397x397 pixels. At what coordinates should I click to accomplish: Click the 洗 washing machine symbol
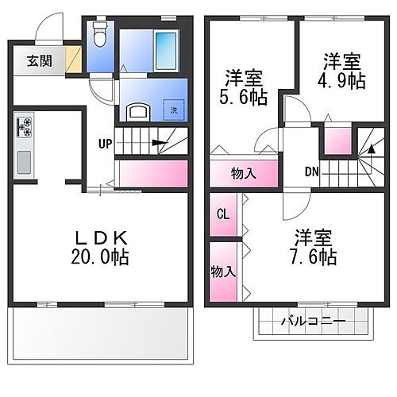click(x=175, y=110)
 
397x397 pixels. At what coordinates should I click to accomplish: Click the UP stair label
click(x=106, y=144)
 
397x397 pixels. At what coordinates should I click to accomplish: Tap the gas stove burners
click(x=24, y=125)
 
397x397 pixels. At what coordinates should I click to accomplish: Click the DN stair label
click(x=312, y=171)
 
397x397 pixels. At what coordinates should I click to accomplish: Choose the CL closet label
click(x=222, y=214)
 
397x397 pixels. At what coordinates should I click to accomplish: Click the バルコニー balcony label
click(x=313, y=322)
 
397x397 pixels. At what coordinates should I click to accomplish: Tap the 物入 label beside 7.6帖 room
click(x=223, y=272)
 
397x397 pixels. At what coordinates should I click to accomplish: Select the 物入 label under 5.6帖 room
click(x=243, y=174)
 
